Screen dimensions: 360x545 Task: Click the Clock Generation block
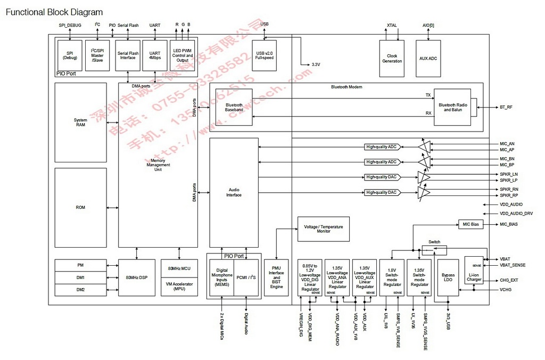tap(392, 58)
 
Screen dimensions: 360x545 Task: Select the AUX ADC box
tap(428, 58)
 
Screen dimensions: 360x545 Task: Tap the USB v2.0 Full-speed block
tap(264, 54)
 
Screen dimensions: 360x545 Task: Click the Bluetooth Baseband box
tap(234, 108)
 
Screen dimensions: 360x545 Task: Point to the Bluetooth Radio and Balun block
tap(453, 107)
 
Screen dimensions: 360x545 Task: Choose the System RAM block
tap(80, 122)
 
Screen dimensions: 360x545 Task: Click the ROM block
tap(80, 207)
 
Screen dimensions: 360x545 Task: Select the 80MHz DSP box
tap(137, 277)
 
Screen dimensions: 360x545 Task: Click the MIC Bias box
tap(470, 224)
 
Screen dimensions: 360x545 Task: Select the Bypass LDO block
tap(448, 277)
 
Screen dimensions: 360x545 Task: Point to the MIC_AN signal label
tap(507, 143)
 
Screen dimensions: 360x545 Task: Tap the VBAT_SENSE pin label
tap(513, 265)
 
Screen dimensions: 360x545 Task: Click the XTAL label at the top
tap(392, 25)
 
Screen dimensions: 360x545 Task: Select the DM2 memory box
tap(80, 290)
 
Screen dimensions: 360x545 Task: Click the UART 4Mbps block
tap(155, 55)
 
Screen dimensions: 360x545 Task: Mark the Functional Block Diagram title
tap(54, 12)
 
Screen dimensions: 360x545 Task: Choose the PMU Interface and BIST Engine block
tap(276, 277)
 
